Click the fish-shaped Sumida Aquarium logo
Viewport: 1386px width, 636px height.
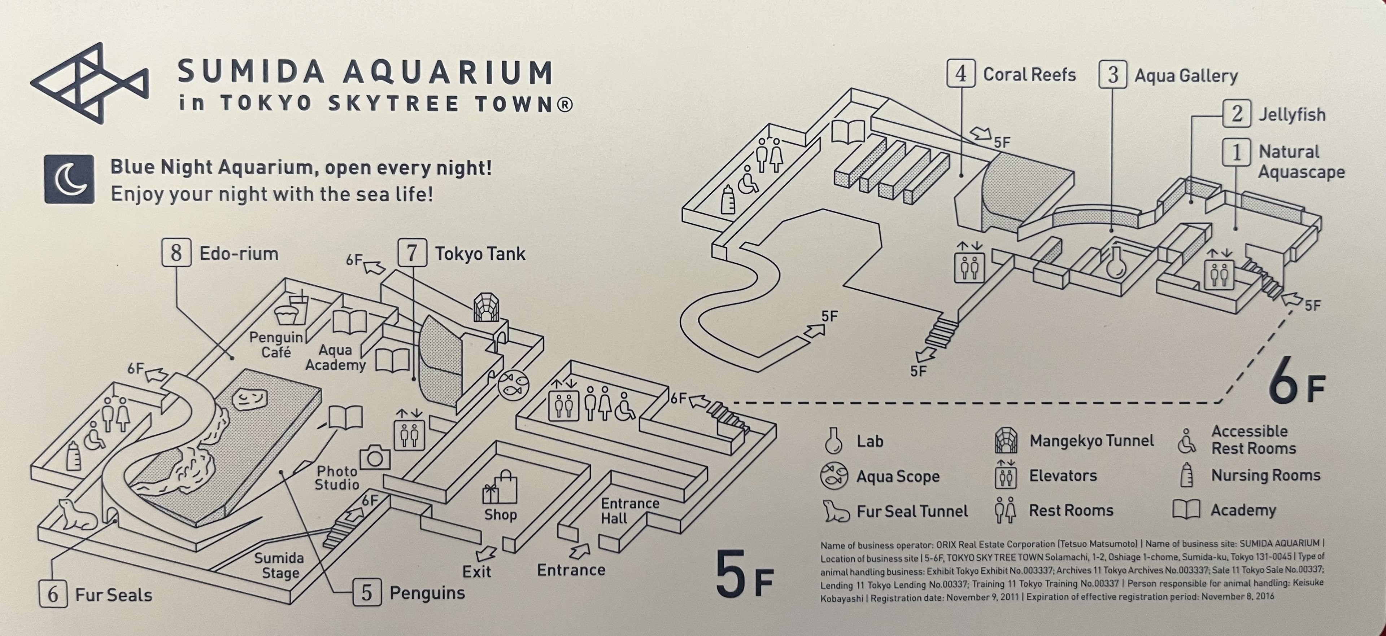(x=89, y=83)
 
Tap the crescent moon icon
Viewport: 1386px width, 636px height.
(x=69, y=180)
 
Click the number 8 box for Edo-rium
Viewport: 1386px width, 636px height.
(x=176, y=253)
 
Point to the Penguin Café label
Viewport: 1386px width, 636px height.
(x=276, y=345)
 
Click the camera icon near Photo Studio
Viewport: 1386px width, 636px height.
(x=375, y=457)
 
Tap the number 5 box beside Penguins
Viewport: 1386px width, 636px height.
(x=366, y=592)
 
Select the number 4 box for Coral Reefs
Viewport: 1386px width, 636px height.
(x=960, y=74)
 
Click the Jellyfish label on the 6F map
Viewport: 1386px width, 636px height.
(x=1291, y=114)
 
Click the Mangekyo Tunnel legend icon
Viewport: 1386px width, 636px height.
(x=1005, y=441)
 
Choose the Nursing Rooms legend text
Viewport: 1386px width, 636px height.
(x=1265, y=475)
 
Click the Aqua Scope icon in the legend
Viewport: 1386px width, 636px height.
(x=834, y=476)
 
